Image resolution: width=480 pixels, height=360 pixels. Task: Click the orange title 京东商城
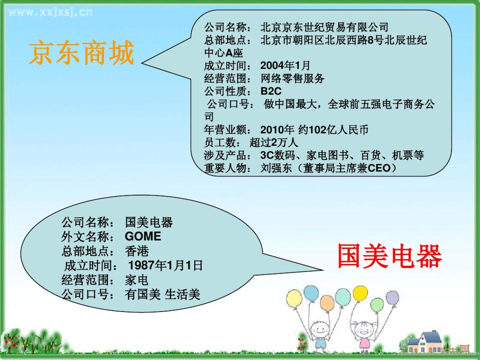click(x=81, y=53)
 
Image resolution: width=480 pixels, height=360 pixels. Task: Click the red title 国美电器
click(x=390, y=256)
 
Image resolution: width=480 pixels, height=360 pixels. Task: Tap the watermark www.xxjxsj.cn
click(x=51, y=12)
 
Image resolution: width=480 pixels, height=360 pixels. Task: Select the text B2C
click(x=271, y=91)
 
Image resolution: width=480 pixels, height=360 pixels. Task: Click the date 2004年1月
click(x=285, y=65)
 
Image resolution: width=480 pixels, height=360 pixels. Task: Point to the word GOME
click(x=143, y=236)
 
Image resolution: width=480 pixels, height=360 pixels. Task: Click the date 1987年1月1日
click(x=166, y=265)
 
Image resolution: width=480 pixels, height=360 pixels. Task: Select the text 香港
click(x=137, y=251)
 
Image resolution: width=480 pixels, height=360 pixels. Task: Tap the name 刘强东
click(x=276, y=168)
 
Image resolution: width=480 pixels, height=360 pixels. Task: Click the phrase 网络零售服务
click(x=292, y=78)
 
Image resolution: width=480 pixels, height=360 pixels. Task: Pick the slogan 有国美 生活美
click(x=162, y=294)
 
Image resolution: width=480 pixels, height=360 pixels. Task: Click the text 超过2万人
click(x=274, y=143)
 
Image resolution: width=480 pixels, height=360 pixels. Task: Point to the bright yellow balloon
click(x=360, y=294)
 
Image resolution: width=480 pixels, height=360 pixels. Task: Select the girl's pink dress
click(x=365, y=344)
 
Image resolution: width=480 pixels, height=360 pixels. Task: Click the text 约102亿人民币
click(x=333, y=130)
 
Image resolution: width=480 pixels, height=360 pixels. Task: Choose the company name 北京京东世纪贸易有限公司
click(x=325, y=27)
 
